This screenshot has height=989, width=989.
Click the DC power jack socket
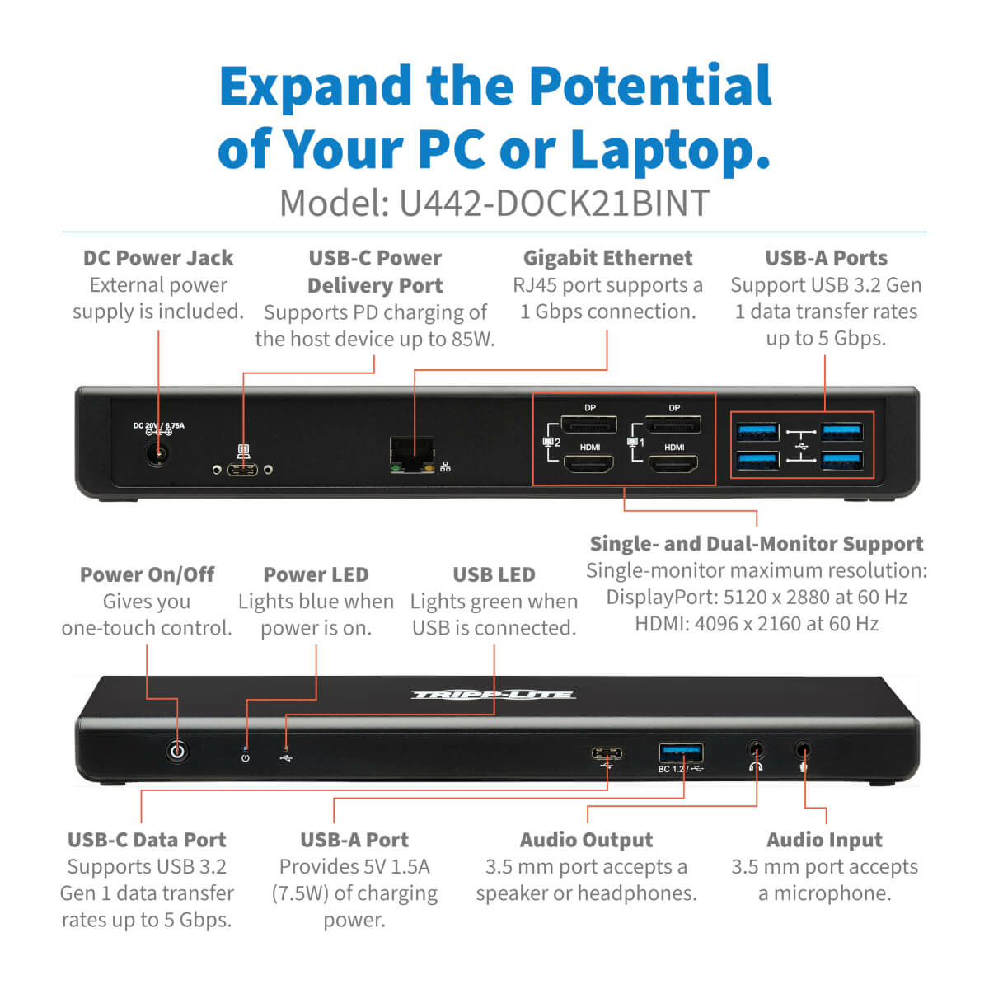157,454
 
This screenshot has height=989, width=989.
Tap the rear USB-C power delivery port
243,469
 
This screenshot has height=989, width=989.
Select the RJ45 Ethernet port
411,453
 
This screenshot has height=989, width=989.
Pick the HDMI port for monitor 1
673,464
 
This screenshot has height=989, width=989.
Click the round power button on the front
177,752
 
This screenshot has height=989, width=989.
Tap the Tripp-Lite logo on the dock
493,695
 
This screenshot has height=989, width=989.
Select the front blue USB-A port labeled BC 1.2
681,753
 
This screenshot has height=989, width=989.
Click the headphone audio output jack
756,750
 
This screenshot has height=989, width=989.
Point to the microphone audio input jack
804,750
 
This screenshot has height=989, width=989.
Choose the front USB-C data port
607,753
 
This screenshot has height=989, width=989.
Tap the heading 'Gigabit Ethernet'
607,258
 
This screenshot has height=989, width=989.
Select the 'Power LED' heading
316,574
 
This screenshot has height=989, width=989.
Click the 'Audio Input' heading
824,840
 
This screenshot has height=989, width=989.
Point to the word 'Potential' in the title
649,87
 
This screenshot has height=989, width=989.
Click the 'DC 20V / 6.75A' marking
158,425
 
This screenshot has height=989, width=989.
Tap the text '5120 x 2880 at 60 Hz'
815,598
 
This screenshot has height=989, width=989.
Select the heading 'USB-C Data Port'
147,840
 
